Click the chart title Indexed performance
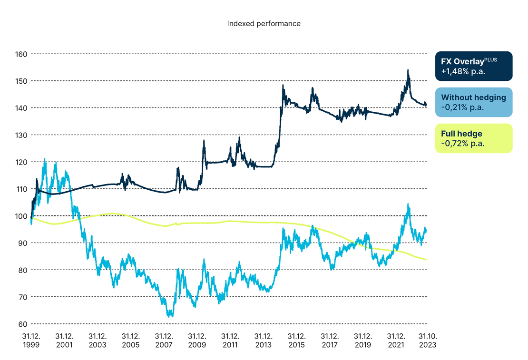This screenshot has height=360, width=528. (264, 23)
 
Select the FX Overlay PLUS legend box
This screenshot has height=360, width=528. (474, 66)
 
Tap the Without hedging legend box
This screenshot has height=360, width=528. (474, 102)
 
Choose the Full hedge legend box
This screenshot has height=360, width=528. (474, 138)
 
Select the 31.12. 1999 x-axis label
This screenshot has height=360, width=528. (31, 341)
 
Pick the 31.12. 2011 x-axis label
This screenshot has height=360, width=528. (230, 341)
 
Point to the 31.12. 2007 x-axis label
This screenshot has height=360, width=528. (164, 341)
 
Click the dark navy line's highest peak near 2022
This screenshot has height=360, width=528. (408, 70)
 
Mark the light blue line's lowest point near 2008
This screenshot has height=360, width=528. (170, 316)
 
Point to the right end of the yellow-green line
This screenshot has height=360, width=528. (426, 259)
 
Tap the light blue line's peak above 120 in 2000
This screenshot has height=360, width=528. (45, 159)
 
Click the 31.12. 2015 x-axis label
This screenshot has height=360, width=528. (297, 341)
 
